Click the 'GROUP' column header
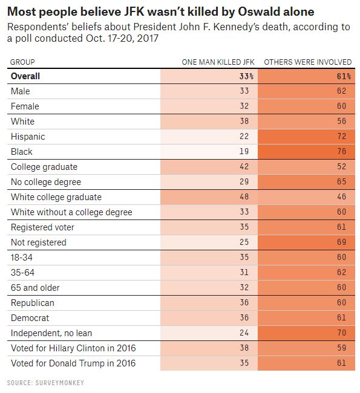pos(22,62)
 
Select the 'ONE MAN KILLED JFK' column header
pos(218,62)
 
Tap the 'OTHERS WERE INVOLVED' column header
pos(308,62)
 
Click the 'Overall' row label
pos(25,76)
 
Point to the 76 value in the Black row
pos(341,151)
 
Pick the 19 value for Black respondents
pos(244,151)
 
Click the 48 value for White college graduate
pos(244,197)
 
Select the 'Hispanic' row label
pos(28,137)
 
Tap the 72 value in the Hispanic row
pos(341,137)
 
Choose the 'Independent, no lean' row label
pos(51,333)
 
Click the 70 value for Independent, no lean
pos(341,333)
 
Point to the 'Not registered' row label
pos(39,242)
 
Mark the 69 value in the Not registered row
pos(341,242)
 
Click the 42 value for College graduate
pos(244,166)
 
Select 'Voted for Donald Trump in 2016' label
pos(73,363)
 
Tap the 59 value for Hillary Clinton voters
pos(341,348)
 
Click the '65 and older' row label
pos(35,288)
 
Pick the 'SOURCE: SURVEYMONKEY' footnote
pos(45,383)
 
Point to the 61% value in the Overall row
pos(344,76)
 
